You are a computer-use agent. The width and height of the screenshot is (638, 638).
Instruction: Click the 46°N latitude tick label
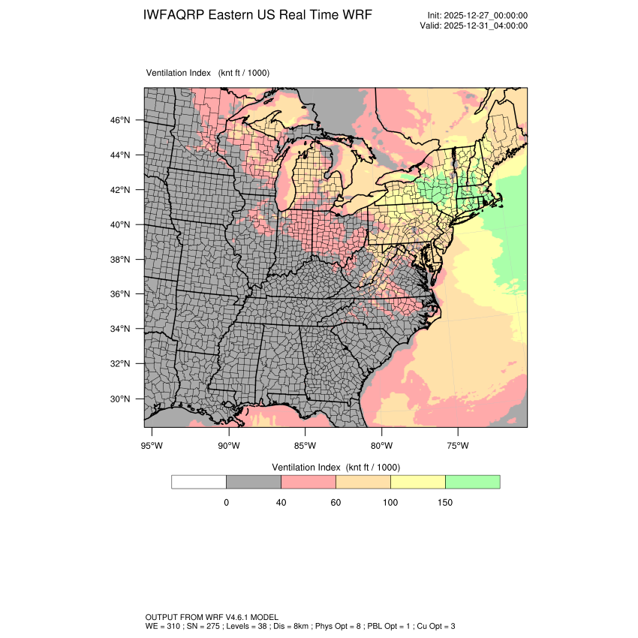tap(121, 120)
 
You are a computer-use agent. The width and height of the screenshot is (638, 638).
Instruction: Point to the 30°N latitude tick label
tap(121, 399)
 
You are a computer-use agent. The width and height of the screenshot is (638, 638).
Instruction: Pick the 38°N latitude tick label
tap(121, 260)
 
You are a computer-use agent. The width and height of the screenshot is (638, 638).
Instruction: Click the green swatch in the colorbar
tap(472, 482)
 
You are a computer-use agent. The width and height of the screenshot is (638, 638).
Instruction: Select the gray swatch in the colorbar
tap(253, 482)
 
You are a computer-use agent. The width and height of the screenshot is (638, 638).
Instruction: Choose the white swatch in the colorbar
tap(199, 482)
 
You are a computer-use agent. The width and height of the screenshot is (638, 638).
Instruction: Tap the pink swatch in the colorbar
tap(308, 482)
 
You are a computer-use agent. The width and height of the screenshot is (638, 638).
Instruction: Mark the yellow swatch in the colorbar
tap(417, 482)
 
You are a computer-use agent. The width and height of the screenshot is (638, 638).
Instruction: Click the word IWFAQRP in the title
tap(175, 15)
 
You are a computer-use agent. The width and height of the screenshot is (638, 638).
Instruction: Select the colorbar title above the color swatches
tap(335, 467)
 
